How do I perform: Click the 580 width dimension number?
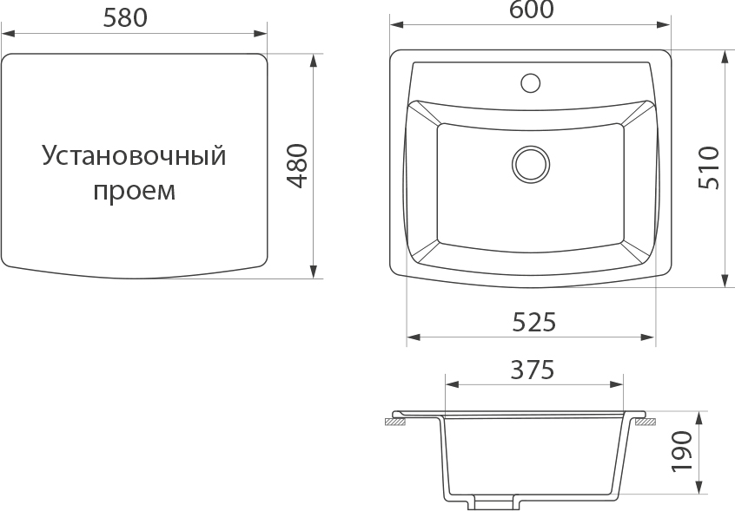click(x=125, y=18)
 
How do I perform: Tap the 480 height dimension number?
click(x=297, y=166)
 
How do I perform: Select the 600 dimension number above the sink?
click(x=531, y=10)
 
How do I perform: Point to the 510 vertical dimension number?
click(x=708, y=168)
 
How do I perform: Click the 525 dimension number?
click(x=534, y=322)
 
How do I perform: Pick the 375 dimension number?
click(x=533, y=370)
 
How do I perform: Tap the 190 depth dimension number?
click(x=682, y=451)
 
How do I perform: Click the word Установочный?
click(x=135, y=155)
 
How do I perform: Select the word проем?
click(x=135, y=192)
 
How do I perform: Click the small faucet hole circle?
click(x=530, y=82)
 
